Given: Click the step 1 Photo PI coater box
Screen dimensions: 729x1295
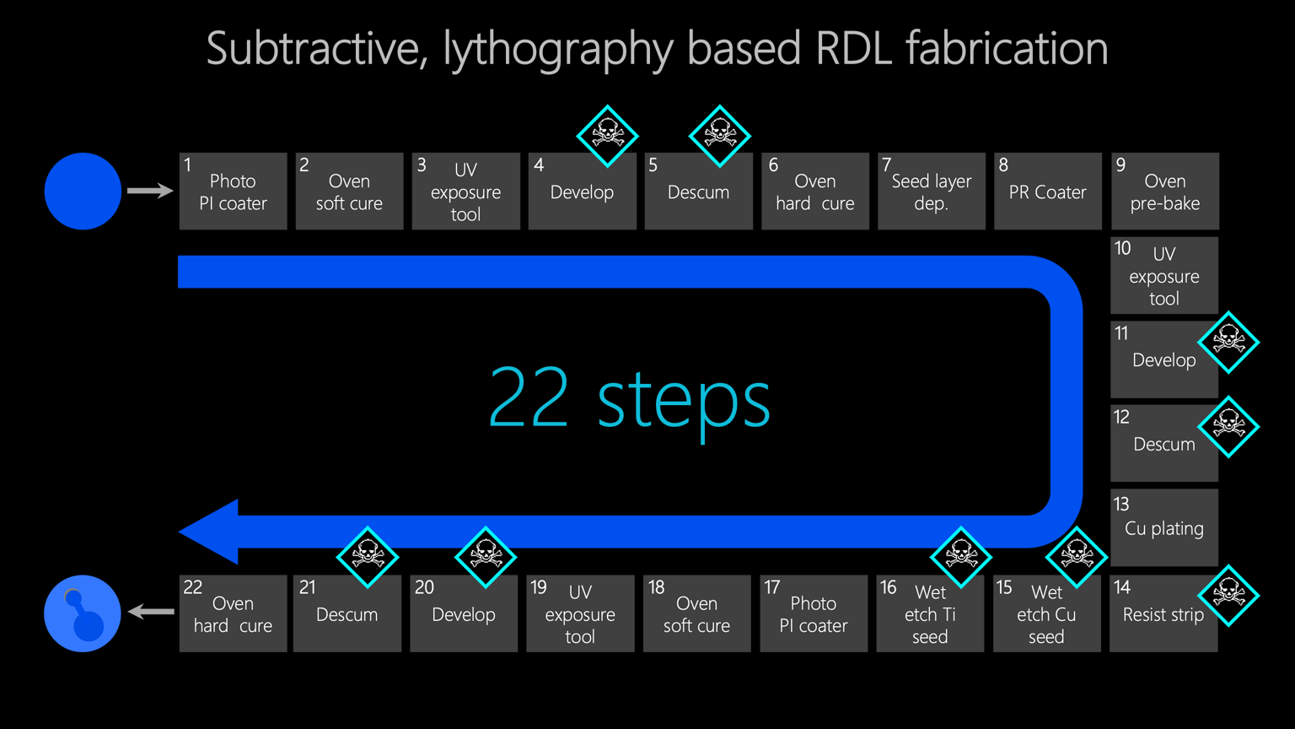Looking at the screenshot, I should click(233, 192).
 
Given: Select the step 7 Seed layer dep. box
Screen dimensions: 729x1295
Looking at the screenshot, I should click(931, 192).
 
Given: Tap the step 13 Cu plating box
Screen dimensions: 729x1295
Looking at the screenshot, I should click(1163, 527).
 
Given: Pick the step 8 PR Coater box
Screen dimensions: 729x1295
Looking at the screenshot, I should click(1047, 192).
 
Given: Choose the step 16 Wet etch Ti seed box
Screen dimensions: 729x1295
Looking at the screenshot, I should click(930, 613).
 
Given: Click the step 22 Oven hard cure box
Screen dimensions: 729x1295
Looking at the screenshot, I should click(233, 613).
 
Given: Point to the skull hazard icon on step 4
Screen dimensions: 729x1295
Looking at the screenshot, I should click(607, 135).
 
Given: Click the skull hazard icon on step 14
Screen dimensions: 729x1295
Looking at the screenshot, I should click(1228, 595).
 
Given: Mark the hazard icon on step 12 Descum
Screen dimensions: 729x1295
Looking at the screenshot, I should click(1228, 426).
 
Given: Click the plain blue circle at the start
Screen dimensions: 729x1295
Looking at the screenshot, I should click(83, 191).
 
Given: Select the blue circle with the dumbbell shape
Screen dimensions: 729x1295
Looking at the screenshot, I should click(83, 613).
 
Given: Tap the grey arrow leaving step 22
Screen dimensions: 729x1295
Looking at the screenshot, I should click(152, 612).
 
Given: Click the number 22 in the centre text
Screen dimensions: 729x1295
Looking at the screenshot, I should click(529, 398).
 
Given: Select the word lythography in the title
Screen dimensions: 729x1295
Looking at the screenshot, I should click(558, 49).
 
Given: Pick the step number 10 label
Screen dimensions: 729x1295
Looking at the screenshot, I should click(1123, 249).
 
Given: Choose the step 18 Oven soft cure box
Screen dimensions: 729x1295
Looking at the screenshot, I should click(696, 613).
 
